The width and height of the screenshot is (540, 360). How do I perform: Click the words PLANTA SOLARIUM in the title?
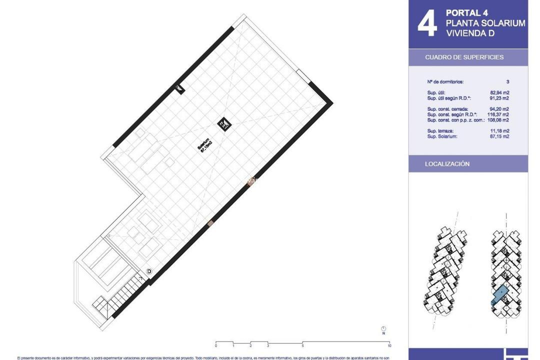click(x=485, y=23)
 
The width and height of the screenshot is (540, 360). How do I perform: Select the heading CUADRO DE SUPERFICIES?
click(x=464, y=57)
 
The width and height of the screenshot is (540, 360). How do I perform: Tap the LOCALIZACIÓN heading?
click(x=447, y=164)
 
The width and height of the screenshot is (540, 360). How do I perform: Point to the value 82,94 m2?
click(x=499, y=92)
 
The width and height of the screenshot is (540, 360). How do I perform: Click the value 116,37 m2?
click(x=498, y=114)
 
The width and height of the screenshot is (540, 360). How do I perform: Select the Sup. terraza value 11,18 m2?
click(x=499, y=130)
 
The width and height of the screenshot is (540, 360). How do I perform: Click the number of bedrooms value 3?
click(x=507, y=81)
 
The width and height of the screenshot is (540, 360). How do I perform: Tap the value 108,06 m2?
click(x=498, y=120)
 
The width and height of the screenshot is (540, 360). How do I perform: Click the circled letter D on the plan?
click(x=148, y=271)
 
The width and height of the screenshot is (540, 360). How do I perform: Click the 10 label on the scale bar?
click(x=389, y=346)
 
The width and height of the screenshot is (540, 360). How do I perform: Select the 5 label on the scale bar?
click(x=302, y=346)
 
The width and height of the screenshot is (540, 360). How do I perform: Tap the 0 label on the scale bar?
click(x=216, y=346)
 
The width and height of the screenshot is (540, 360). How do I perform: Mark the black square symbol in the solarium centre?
click(x=223, y=123)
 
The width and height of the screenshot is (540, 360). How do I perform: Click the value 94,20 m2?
click(x=499, y=109)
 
